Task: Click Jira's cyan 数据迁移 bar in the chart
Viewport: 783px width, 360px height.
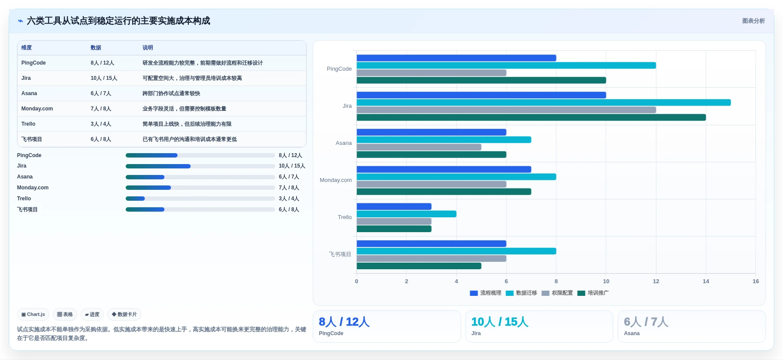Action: [544, 103]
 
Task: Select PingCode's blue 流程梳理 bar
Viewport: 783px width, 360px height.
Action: [456, 58]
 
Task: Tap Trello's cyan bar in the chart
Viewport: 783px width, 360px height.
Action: [407, 214]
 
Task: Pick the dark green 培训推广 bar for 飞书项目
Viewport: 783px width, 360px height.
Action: [419, 266]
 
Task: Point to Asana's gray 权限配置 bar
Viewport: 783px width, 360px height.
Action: [419, 147]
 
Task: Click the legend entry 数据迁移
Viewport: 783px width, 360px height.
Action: [521, 293]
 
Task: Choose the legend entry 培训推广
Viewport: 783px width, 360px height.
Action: [593, 293]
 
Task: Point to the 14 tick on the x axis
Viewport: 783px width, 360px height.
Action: [706, 281]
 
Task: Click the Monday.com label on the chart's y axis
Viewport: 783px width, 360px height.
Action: [335, 180]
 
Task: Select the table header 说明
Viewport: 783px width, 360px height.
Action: [148, 48]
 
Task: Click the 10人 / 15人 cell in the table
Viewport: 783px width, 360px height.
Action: [104, 78]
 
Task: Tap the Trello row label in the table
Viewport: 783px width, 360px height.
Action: [28, 124]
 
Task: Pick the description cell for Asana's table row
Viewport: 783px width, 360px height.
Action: [171, 93]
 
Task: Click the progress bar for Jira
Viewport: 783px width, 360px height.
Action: [200, 166]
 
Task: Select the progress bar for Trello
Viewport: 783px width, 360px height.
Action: [200, 199]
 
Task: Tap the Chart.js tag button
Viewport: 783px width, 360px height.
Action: [33, 314]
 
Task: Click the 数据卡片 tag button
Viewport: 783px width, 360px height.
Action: [124, 314]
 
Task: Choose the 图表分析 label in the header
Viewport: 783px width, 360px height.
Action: [753, 21]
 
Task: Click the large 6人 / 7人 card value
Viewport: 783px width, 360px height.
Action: [646, 322]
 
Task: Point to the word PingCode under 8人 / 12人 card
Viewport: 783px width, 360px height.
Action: [331, 333]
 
